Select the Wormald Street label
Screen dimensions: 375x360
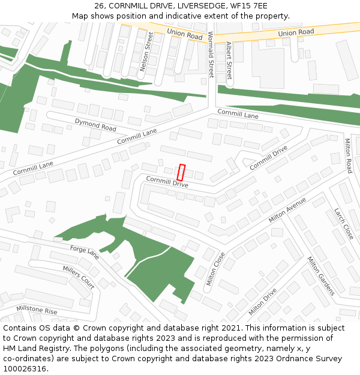[x=211, y=55]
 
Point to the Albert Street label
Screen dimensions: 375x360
[x=229, y=61]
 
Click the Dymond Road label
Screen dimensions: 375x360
[x=95, y=125]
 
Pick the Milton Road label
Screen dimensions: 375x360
[x=347, y=155]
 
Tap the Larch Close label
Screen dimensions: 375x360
[x=344, y=223]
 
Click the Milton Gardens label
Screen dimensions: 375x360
[x=320, y=276]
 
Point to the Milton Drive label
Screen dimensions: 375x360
[x=262, y=302]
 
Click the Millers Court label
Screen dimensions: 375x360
[x=79, y=277]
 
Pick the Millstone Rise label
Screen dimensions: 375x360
[x=37, y=310]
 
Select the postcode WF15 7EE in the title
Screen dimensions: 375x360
[x=248, y=6]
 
